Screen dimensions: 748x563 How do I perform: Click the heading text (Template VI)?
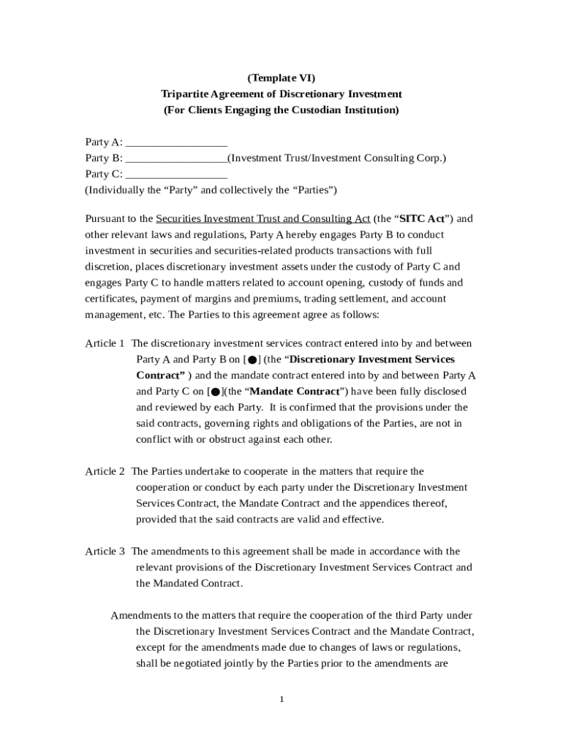click(x=281, y=78)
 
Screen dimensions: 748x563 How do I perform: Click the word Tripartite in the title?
click(x=184, y=94)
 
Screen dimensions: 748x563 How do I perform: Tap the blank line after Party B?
click(x=176, y=158)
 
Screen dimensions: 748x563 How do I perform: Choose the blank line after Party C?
click(x=176, y=174)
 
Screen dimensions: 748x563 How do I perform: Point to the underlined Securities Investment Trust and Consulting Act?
click(x=263, y=218)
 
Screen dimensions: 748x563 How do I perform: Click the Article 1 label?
click(x=105, y=343)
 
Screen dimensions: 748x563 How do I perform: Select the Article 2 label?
click(x=105, y=471)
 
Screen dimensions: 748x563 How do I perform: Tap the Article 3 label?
click(x=105, y=551)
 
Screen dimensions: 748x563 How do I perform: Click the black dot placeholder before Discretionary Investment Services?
click(x=252, y=360)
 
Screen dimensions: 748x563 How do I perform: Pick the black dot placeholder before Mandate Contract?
click(x=215, y=392)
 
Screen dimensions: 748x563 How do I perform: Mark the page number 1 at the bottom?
click(x=281, y=700)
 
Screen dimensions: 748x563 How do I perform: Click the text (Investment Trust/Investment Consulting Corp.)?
click(x=336, y=158)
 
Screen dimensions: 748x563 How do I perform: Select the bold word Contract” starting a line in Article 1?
click(x=160, y=375)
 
